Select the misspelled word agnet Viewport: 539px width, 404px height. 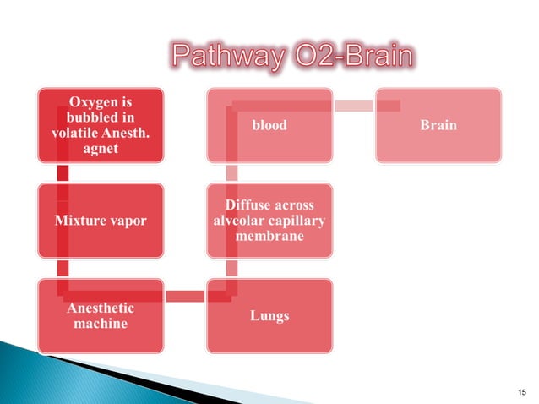[101, 149]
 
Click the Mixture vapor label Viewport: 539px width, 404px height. [101, 221]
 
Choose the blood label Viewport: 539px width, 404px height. [269, 125]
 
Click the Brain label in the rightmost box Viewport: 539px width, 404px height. [439, 125]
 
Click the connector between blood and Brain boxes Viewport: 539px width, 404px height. [355, 105]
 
